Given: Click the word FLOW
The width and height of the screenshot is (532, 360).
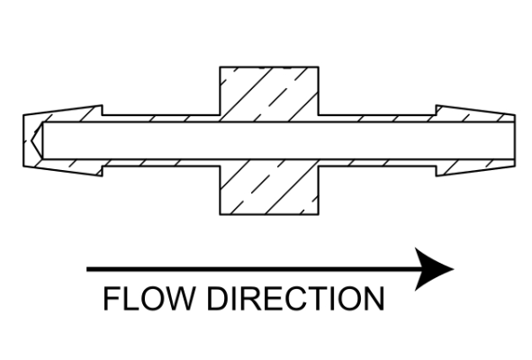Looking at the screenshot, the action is point(149,298).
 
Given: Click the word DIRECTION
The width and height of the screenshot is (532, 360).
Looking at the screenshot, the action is point(295,298).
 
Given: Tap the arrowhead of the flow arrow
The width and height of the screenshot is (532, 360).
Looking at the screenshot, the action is point(434,269).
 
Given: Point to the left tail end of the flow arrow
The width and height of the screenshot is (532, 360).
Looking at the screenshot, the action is point(87,269).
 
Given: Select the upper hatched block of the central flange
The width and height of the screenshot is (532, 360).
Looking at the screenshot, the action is point(269,94).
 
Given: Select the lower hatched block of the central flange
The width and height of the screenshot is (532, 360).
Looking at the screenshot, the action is point(269,187).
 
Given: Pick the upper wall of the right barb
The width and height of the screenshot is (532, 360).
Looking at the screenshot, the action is point(475,114).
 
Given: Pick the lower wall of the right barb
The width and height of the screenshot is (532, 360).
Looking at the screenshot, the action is point(475,166).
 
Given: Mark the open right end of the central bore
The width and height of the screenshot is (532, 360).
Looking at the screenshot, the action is point(514,140).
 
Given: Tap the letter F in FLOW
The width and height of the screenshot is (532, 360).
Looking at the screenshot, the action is point(111,298).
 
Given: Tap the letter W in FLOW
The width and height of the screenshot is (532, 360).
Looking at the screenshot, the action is point(178,298).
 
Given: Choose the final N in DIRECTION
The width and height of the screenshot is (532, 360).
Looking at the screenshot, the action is point(374,298).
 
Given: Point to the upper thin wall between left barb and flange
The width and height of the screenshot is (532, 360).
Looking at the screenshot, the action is point(161,119).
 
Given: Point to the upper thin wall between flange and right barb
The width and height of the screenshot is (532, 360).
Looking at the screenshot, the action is point(377,119).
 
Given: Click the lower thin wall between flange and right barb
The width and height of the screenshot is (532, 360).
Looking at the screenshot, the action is point(377,163).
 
